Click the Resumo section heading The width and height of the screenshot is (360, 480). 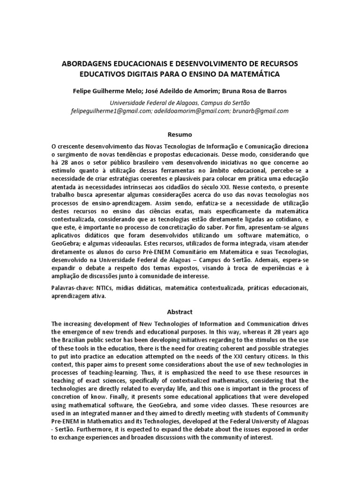click(x=180, y=135)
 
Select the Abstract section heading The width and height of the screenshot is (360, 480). click(x=180, y=311)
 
